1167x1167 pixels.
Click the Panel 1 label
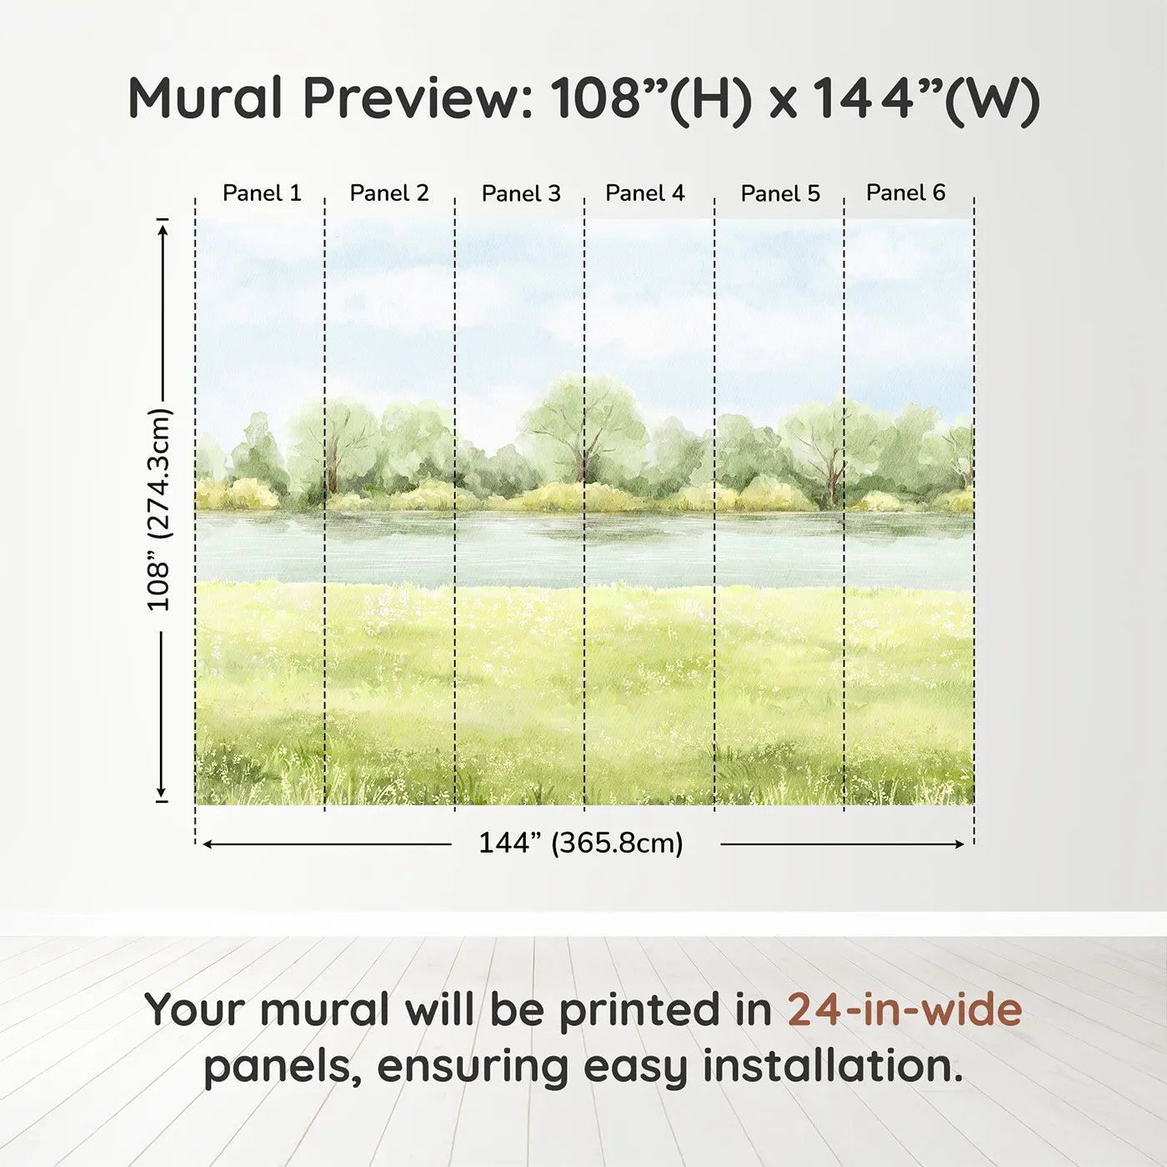pyautogui.click(x=261, y=193)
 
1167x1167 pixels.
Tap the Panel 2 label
pyautogui.click(x=388, y=193)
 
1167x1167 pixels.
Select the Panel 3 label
pyautogui.click(x=521, y=193)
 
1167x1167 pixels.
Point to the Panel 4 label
pyautogui.click(x=644, y=193)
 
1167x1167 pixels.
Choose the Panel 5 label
pyautogui.click(x=780, y=193)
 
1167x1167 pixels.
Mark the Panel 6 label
pyautogui.click(x=905, y=193)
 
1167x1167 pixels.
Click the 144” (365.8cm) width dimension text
pyautogui.click(x=580, y=844)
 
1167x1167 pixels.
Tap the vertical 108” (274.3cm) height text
pyautogui.click(x=158, y=509)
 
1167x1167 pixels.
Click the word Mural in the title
pyautogui.click(x=205, y=98)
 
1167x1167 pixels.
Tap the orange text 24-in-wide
pyautogui.click(x=904, y=1009)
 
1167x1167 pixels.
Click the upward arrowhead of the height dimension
pyautogui.click(x=163, y=227)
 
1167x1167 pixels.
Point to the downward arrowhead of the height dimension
pyautogui.click(x=162, y=793)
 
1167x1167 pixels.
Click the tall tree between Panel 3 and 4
pyautogui.click(x=583, y=425)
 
